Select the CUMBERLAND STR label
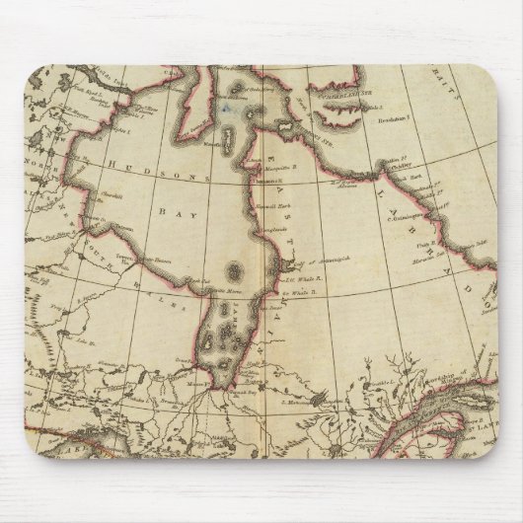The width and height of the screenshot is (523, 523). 341,96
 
